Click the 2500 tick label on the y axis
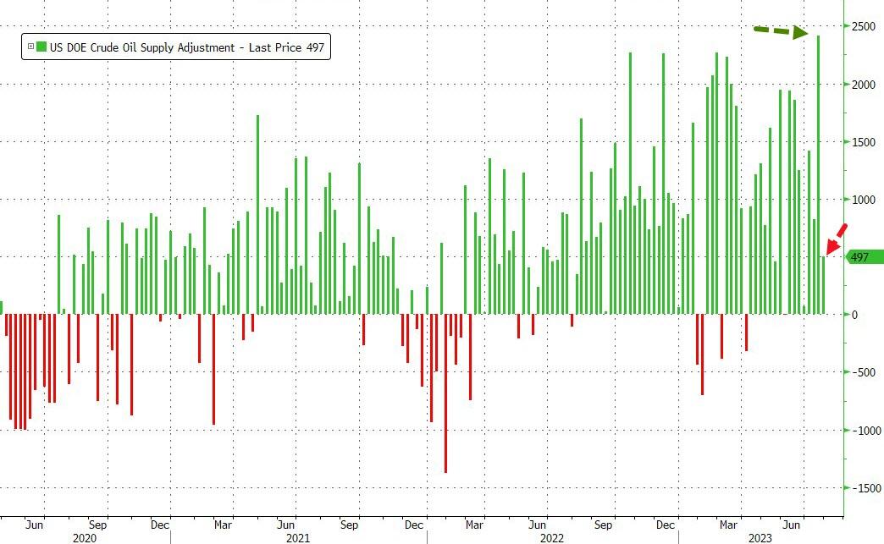click(863, 27)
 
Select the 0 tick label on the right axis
click(854, 315)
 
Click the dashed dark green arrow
click(780, 32)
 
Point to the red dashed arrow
click(836, 238)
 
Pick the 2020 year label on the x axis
click(85, 537)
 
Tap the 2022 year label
click(551, 537)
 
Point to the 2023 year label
click(757, 537)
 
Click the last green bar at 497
click(823, 285)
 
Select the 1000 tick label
click(863, 200)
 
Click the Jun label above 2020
click(35, 524)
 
